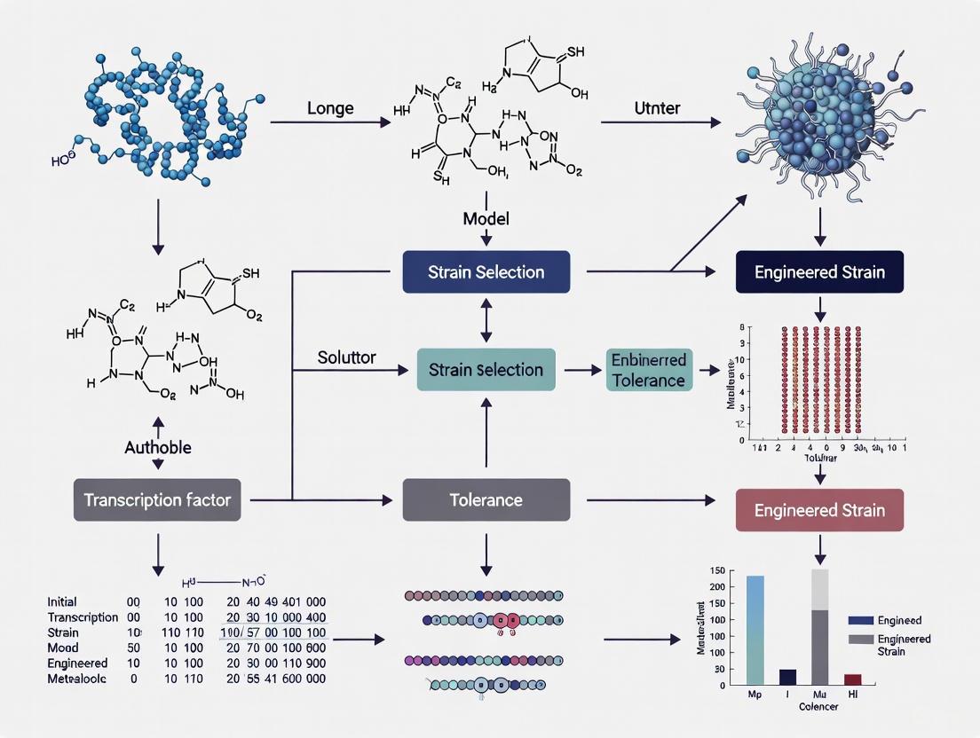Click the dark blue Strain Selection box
pos(486,271)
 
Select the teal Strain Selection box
pos(486,370)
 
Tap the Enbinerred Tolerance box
pos(647,370)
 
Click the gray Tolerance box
pos(486,500)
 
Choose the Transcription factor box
pos(157,500)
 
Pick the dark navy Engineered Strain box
pos(819,271)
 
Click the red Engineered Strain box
pos(819,511)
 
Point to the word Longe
pos(330,108)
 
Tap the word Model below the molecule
pos(486,218)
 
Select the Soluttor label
pos(346,358)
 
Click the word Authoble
pos(157,447)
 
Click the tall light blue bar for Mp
pos(755,630)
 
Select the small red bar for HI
pos(852,679)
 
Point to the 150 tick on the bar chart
pos(715,570)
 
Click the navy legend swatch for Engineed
pos(860,621)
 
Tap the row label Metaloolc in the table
pos(78,679)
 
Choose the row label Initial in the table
pos(62,601)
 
